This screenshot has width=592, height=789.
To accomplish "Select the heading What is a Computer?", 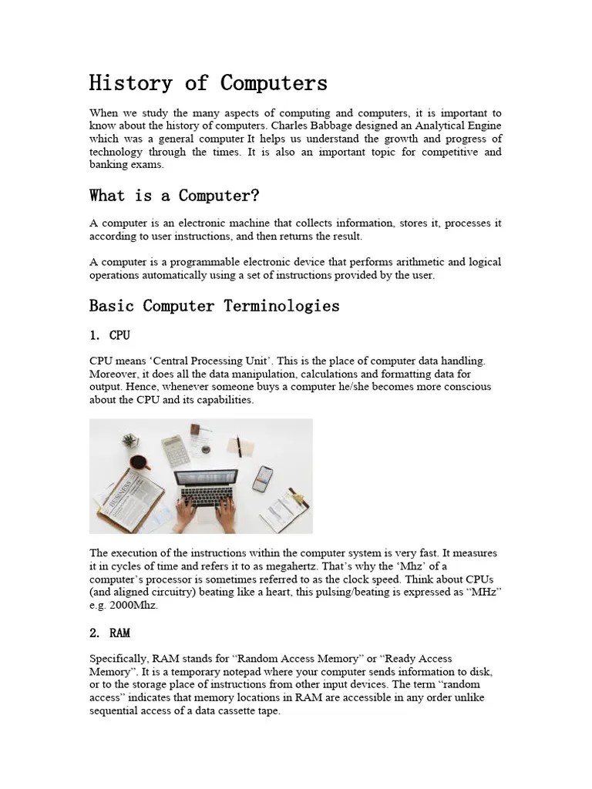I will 174,196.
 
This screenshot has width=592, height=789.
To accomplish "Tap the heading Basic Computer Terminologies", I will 214,306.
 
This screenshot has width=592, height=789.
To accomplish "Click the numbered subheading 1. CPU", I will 109,335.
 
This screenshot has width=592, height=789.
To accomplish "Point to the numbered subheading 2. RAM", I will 109,633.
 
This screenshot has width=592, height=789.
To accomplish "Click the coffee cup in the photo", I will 140,463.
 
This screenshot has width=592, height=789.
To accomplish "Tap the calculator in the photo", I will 176,449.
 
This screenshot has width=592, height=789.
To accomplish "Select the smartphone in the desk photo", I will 263,478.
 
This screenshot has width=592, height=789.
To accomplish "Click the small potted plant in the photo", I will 130,441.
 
